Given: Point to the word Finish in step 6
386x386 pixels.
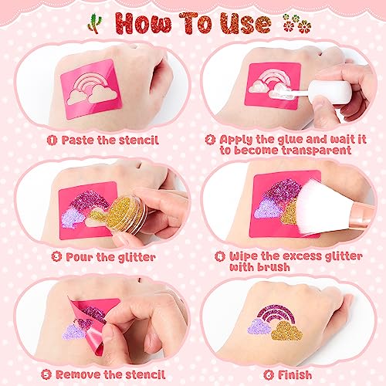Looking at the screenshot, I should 289,374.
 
